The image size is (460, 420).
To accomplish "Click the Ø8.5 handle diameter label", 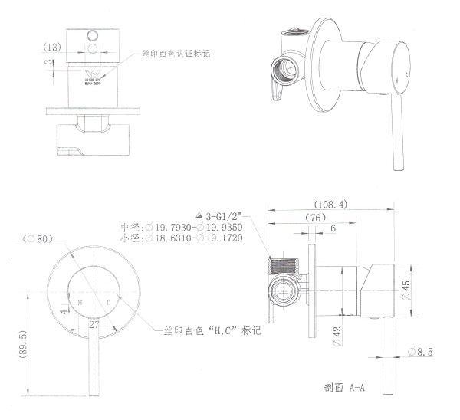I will pyautogui.click(x=422, y=351).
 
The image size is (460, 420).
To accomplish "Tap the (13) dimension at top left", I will pyautogui.click(x=52, y=48).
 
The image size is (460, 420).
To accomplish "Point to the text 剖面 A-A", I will pyautogui.click(x=344, y=389).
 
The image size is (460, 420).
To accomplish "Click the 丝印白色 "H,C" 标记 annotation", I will pyautogui.click(x=212, y=330).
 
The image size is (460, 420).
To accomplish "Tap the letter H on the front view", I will pyautogui.click(x=79, y=304).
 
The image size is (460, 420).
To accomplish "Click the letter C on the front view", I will pyautogui.click(x=111, y=304).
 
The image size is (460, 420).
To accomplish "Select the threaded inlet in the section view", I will pyautogui.click(x=284, y=265).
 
